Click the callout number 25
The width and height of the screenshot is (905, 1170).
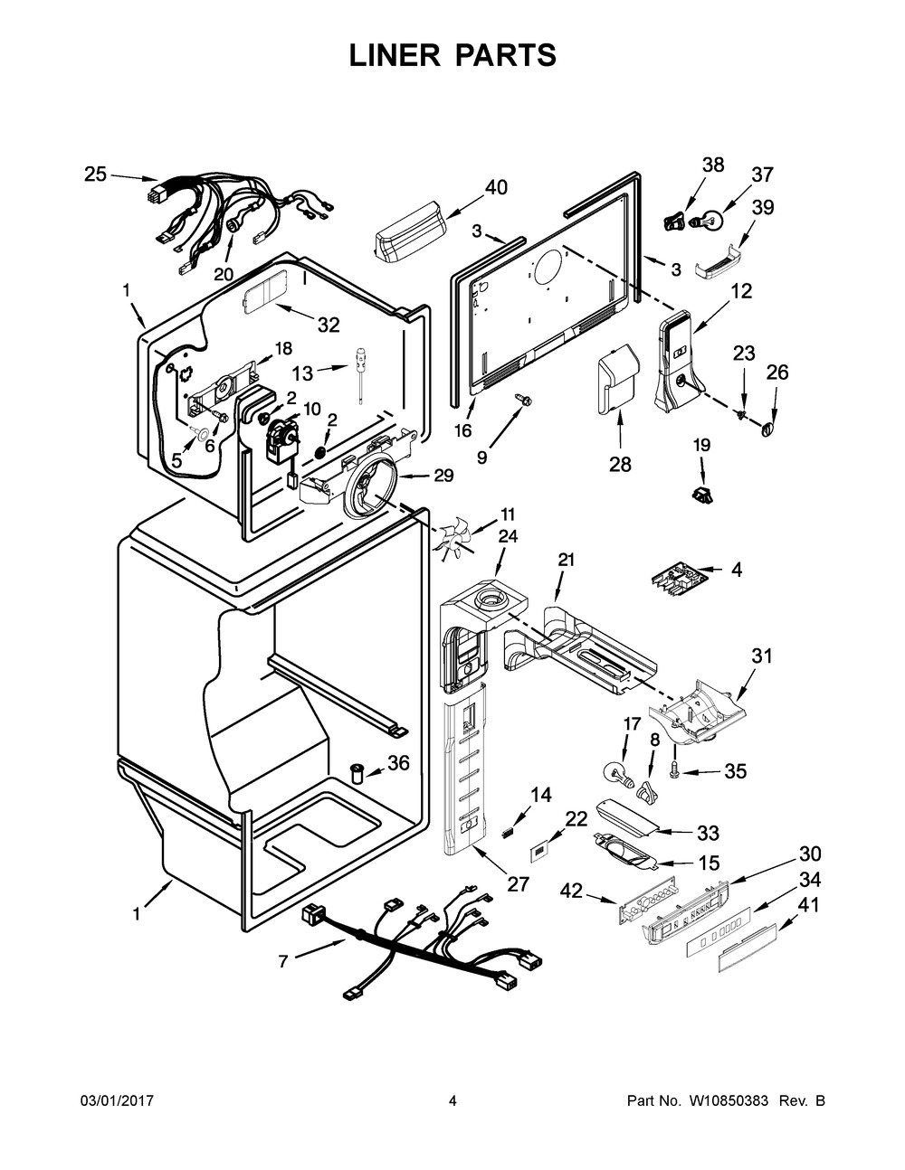[x=95, y=175]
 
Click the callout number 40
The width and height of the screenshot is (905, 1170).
[x=496, y=187]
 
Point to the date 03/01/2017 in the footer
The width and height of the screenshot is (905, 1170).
[x=117, y=1100]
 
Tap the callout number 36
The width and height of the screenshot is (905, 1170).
[x=398, y=763]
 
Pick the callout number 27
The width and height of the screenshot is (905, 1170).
[x=518, y=883]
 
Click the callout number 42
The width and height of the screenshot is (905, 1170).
[x=571, y=892]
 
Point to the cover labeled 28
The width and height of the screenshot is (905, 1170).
[x=617, y=380]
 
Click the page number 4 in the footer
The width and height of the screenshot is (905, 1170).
[x=452, y=1100]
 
